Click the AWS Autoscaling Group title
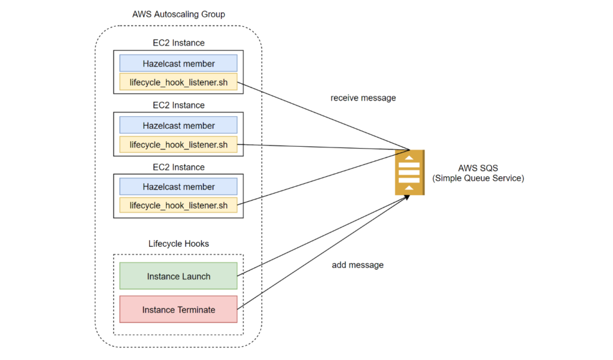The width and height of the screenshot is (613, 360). pos(178,14)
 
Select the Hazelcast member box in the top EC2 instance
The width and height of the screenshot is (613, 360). pos(178,63)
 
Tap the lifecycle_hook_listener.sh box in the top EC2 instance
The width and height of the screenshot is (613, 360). pos(178,82)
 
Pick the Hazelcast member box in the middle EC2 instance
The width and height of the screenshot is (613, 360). pos(178,125)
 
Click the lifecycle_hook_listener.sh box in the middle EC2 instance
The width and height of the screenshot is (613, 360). pos(178,144)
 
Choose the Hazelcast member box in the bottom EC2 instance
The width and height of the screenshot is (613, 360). pos(178,187)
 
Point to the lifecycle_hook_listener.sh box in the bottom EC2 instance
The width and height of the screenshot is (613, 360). pos(178,205)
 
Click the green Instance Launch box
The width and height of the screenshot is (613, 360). pos(178,276)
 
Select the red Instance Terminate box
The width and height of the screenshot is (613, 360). pos(178,310)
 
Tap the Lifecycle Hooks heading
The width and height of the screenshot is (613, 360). pos(178,244)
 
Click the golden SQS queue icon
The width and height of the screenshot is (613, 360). pos(409,173)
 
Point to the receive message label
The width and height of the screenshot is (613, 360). pos(363,98)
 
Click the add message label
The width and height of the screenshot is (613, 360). pos(357,264)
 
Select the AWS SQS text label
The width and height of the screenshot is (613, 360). pos(477,168)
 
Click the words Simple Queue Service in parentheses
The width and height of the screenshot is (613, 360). pos(477,178)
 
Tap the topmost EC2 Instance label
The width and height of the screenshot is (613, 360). pos(178,43)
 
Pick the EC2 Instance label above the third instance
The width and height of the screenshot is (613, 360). pos(178,167)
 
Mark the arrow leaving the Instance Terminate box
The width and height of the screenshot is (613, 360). pos(323,252)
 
